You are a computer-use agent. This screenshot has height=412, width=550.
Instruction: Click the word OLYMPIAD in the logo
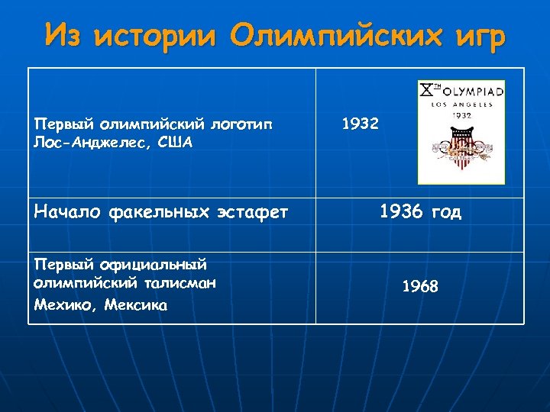pyautogui.click(x=468, y=92)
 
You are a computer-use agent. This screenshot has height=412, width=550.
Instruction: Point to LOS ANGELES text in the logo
pyautogui.click(x=461, y=105)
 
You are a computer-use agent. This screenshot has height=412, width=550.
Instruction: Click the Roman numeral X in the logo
pyautogui.click(x=425, y=91)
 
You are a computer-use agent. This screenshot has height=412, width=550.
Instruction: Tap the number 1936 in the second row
pyautogui.click(x=402, y=212)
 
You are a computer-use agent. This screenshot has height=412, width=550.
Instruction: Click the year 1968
pyautogui.click(x=420, y=287)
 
